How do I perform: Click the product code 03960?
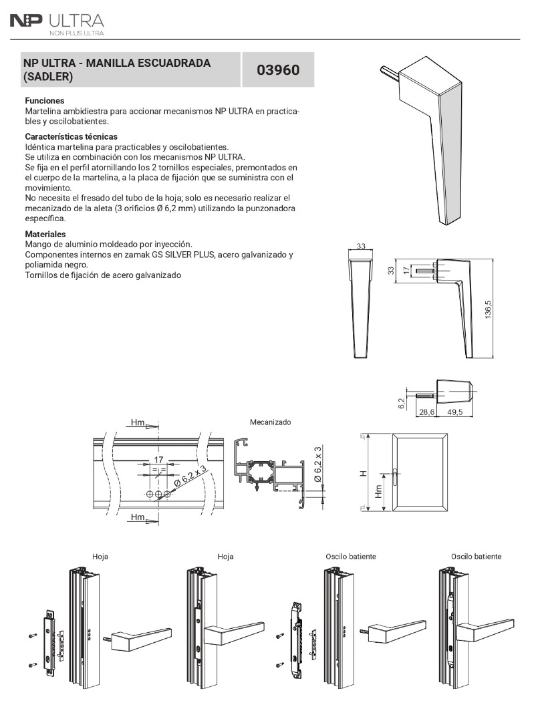(277, 70)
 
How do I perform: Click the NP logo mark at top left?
(26, 21)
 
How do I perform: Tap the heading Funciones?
(45, 100)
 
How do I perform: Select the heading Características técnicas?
(71, 136)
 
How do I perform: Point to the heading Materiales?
(45, 235)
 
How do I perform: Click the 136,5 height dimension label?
(488, 309)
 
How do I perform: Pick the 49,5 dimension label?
(455, 412)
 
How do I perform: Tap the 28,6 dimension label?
(426, 412)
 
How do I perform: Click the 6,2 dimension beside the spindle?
(401, 404)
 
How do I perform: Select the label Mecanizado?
(270, 422)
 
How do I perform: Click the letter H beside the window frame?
(364, 474)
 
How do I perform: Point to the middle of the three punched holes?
(158, 494)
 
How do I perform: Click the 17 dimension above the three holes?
(158, 460)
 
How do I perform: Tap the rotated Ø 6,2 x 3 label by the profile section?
(317, 464)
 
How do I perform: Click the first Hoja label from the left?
(100, 557)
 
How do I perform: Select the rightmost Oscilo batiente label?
(476, 557)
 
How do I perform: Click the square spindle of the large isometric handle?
(390, 74)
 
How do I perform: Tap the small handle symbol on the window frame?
(395, 476)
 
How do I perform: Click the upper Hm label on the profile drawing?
(138, 422)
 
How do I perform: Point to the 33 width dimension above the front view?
(361, 246)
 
